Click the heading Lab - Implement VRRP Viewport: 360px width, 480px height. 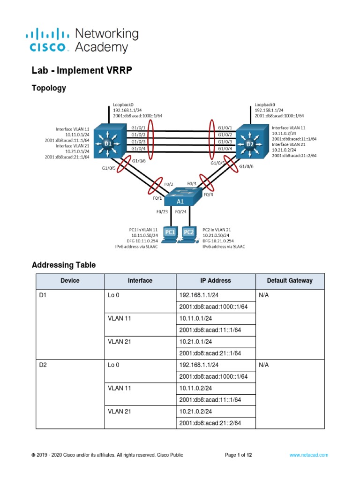tap(82, 71)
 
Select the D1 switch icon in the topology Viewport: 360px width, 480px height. tap(108, 142)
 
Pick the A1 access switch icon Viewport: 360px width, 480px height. tap(180, 197)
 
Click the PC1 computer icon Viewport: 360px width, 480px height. tap(170, 233)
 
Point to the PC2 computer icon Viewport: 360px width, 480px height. tap(188, 233)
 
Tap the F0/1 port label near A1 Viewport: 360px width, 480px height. tap(157, 198)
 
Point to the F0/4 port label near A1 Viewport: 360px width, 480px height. tap(208, 194)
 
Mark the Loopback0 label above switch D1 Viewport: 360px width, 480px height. tap(123, 105)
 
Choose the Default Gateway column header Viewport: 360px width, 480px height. tap(289, 281)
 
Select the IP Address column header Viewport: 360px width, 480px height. tap(216, 281)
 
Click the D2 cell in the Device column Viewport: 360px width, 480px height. tap(44, 365)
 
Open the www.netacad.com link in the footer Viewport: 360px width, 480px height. tap(308, 455)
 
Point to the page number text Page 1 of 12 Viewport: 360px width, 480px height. tap(239, 455)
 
